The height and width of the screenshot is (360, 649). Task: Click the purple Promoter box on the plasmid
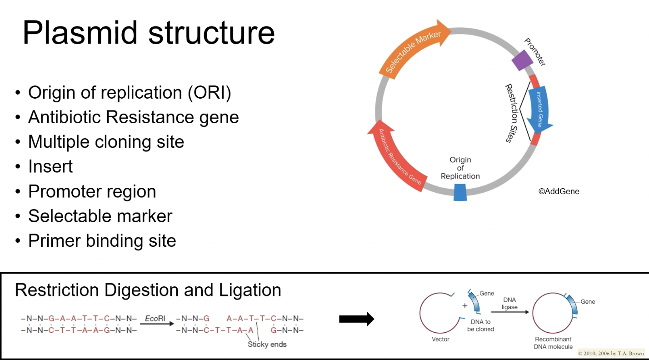click(x=522, y=60)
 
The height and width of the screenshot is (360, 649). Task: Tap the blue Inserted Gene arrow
click(x=539, y=110)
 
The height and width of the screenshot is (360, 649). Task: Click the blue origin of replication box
click(x=460, y=192)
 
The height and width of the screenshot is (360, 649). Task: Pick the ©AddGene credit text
click(x=559, y=191)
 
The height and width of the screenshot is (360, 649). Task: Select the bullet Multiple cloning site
click(x=106, y=142)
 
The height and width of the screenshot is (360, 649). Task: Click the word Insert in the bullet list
click(x=50, y=166)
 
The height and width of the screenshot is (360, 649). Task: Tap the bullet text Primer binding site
click(x=102, y=241)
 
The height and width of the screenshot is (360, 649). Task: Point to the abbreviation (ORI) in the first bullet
click(x=210, y=93)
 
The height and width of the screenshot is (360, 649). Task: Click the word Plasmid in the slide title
click(x=80, y=32)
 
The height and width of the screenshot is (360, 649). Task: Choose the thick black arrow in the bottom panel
click(x=357, y=319)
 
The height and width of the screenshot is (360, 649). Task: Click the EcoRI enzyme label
click(x=155, y=319)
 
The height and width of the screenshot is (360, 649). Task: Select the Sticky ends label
click(x=267, y=345)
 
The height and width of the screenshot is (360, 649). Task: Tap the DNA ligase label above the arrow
click(x=509, y=303)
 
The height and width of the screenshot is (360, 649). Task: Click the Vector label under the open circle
click(x=440, y=339)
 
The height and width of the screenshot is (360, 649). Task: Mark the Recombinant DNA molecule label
click(x=553, y=343)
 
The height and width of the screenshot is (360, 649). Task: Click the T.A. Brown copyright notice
click(x=611, y=353)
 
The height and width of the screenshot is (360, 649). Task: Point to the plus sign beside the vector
click(x=465, y=306)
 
